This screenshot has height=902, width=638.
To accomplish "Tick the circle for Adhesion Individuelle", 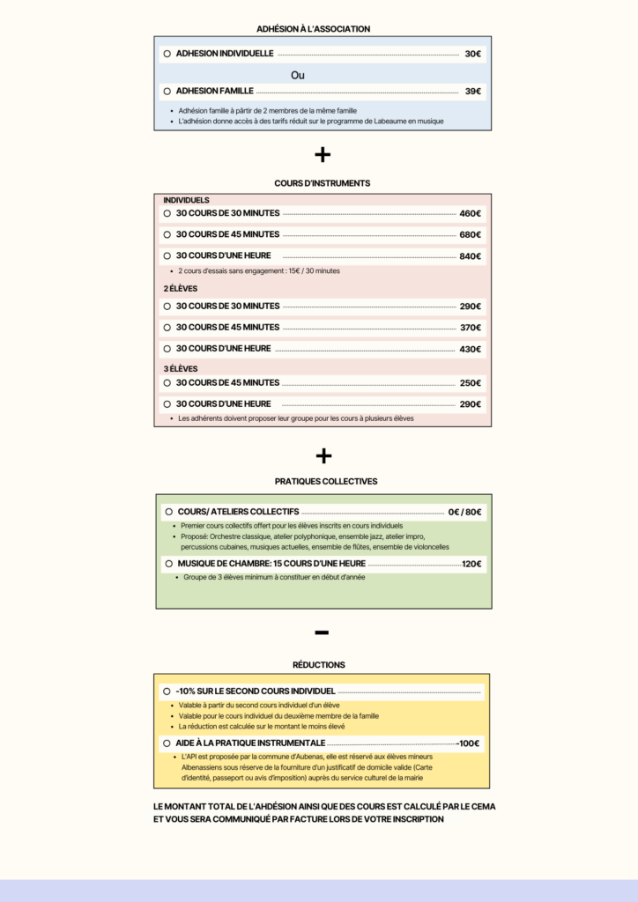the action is tap(167, 54).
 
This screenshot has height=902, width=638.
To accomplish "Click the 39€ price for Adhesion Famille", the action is tap(473, 91).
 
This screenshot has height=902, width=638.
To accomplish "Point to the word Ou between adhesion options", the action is tap(298, 76).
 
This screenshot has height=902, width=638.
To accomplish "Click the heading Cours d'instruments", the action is tap(323, 183).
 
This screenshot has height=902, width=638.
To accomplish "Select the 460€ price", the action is tap(470, 213).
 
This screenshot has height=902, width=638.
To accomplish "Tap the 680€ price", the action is tap(470, 234).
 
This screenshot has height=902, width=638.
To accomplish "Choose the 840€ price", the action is tap(470, 256).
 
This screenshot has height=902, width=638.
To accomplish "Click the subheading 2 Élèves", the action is tap(180, 288).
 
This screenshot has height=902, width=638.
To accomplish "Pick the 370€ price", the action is tap(470, 328).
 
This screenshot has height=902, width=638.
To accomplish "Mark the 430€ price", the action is tap(470, 349).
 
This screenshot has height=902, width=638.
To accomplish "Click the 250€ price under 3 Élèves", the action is tap(470, 383).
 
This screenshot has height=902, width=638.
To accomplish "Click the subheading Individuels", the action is tap(187, 200).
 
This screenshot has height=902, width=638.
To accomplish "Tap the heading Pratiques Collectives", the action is tap(326, 482).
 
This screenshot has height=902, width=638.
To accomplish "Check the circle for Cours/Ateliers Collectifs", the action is tap(168, 512).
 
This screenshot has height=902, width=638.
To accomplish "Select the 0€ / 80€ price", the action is tap(464, 512).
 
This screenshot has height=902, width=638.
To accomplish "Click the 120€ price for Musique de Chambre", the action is tap(471, 564).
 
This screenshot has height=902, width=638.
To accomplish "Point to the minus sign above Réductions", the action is tap(322, 632).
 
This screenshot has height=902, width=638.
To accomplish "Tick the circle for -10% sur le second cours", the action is tap(167, 691).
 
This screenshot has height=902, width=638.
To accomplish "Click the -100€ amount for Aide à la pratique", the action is tap(468, 743).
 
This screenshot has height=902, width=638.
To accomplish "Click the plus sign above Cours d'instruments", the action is tap(323, 154).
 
